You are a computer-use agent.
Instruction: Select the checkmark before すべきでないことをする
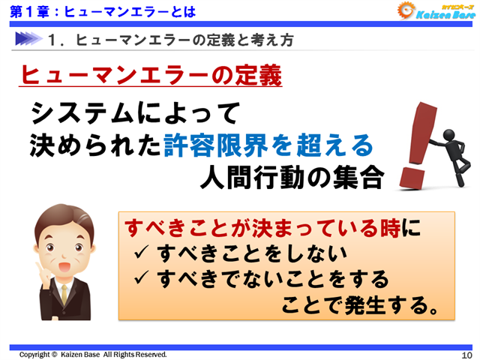coord(141,280)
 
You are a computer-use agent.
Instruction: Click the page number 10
coord(465,354)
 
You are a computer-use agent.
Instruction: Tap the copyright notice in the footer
coord(93,354)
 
